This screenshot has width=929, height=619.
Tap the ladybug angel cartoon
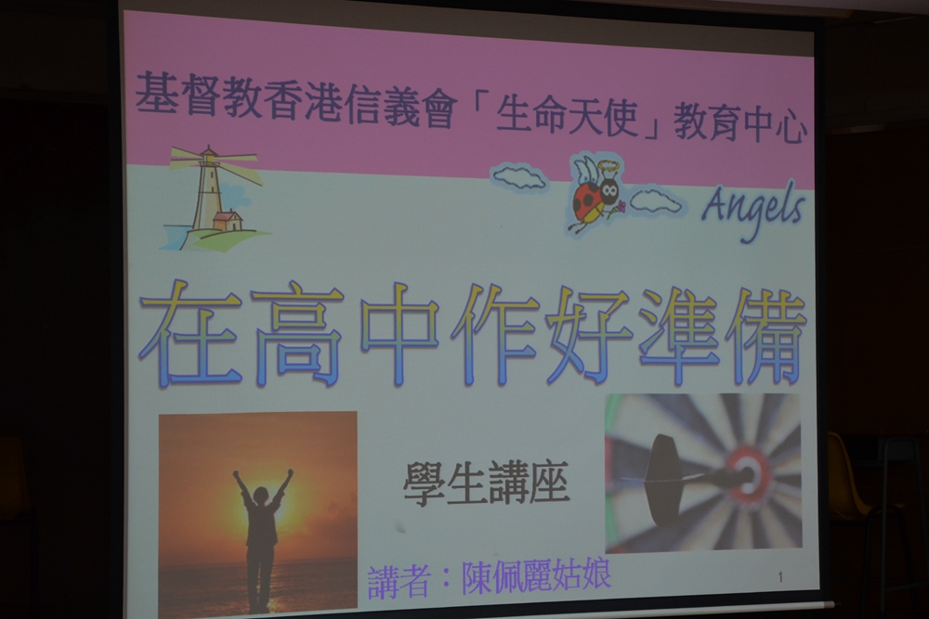coord(595,194)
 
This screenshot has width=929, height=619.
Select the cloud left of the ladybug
coord(519,177)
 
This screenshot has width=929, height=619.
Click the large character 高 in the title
coord(296,335)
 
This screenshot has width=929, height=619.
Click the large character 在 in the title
coord(191,335)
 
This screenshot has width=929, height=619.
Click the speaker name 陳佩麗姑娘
coord(536,574)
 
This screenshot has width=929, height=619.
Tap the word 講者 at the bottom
coord(399,582)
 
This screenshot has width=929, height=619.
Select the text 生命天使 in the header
coord(568,115)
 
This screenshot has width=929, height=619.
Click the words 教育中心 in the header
coord(740,123)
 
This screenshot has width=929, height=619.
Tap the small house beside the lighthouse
coord(228,221)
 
